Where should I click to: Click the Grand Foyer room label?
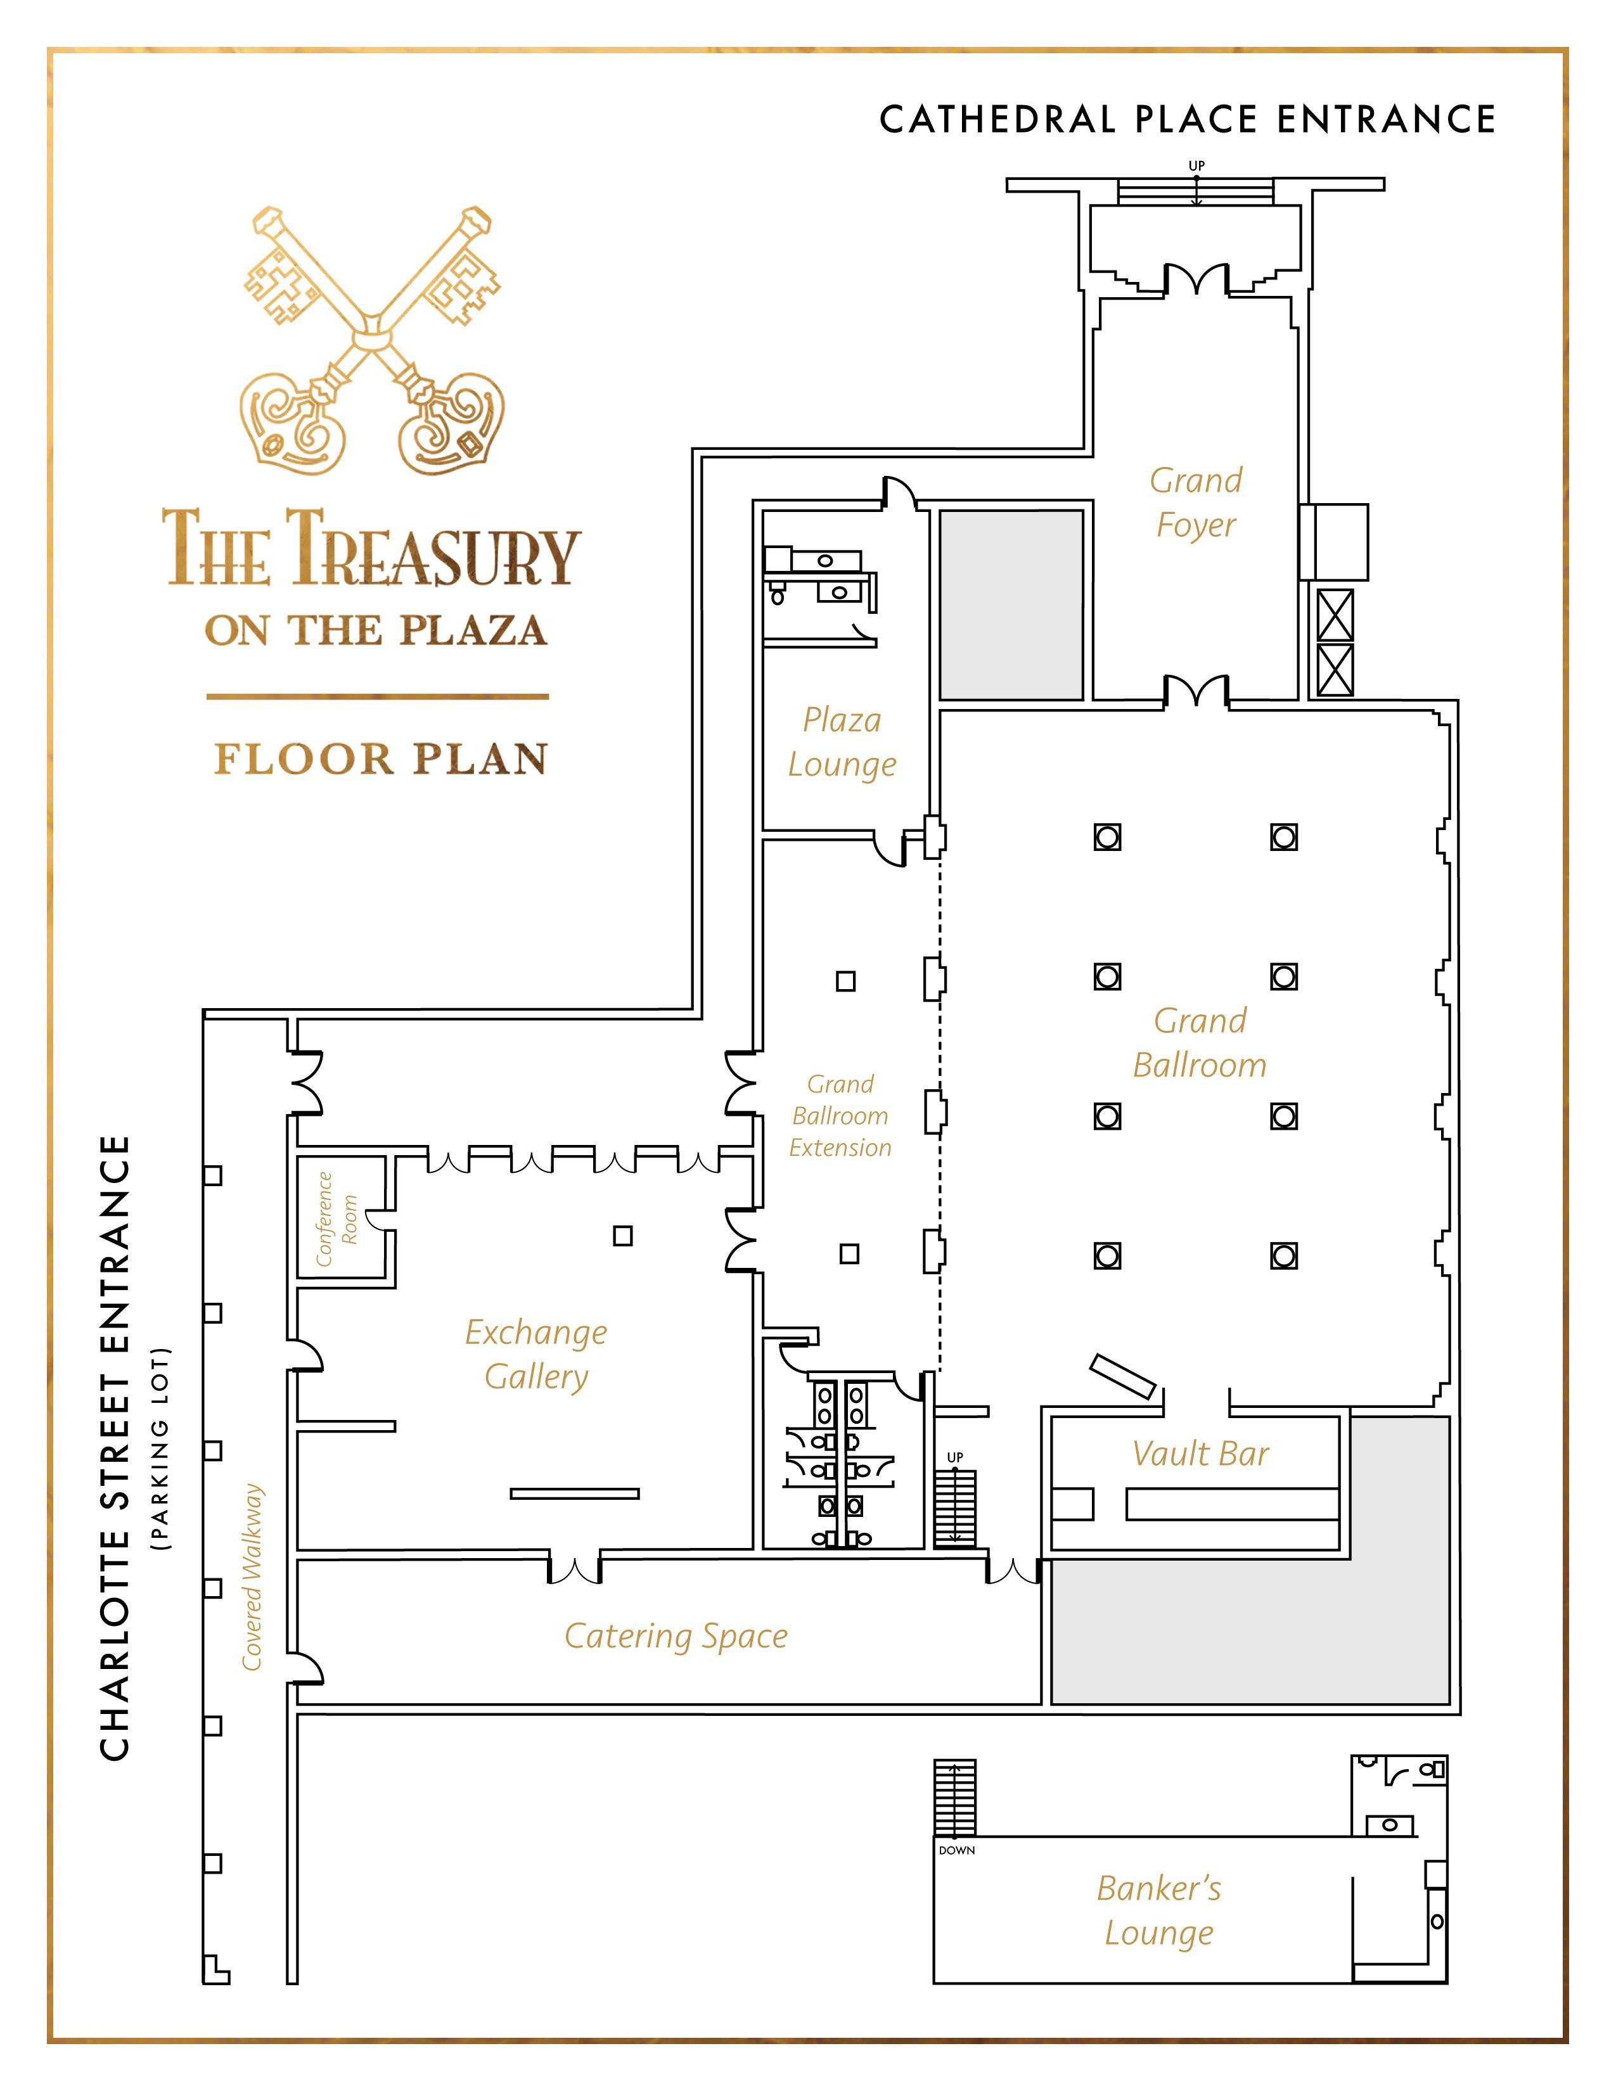(x=1196, y=502)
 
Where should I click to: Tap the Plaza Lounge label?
(x=842, y=742)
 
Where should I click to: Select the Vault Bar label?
(x=1200, y=1454)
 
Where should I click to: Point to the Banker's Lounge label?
(x=1159, y=1910)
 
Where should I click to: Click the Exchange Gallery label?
(x=536, y=1354)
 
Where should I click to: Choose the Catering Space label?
(x=676, y=1636)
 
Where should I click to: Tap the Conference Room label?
(x=336, y=1218)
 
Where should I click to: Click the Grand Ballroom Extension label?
(x=840, y=1115)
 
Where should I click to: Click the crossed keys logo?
(x=373, y=340)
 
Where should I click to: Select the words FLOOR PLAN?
(x=380, y=758)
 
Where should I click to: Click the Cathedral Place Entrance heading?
(x=1187, y=120)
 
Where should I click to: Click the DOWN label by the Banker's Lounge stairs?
(x=956, y=1851)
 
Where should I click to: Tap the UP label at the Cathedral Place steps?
(x=1196, y=165)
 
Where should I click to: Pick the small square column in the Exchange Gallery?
(x=623, y=1236)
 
